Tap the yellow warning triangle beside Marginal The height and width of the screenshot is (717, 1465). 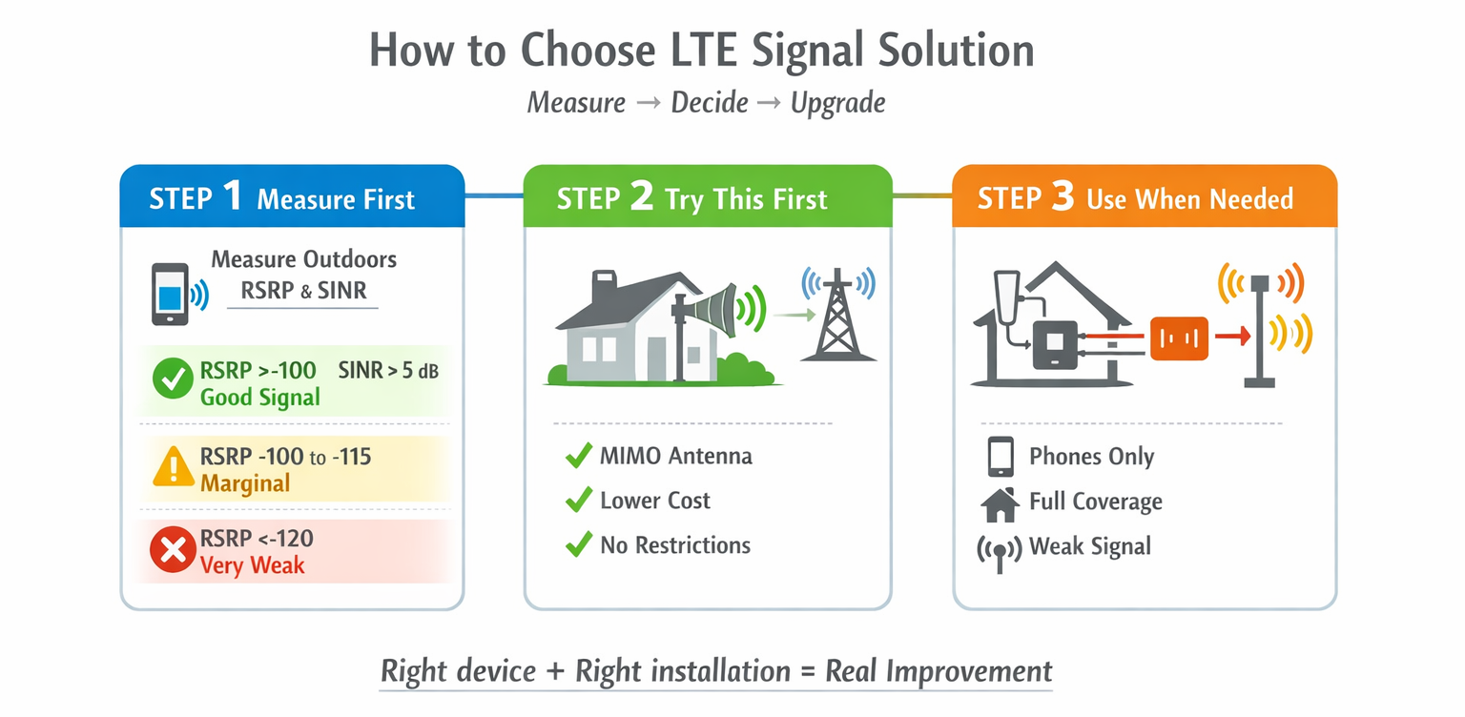(173, 468)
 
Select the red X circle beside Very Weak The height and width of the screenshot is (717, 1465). (173, 551)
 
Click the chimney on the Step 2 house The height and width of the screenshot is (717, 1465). (605, 286)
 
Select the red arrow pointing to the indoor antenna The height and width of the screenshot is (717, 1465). (1231, 336)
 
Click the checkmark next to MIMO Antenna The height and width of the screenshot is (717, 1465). (578, 456)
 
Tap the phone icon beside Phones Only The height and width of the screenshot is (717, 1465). (1000, 457)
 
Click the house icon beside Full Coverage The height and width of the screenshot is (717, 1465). (1000, 502)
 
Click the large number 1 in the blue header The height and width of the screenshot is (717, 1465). (234, 197)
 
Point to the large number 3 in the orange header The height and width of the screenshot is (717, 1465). (1063, 197)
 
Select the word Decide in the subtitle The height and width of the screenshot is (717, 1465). (710, 103)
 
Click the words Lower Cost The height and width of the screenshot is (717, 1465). (655, 501)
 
